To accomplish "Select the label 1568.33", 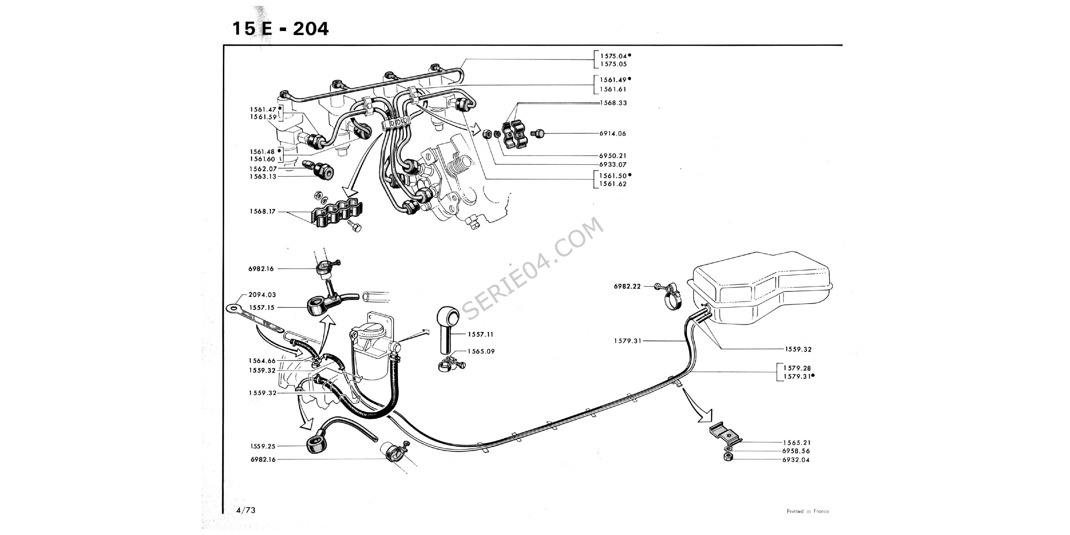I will coord(613,103).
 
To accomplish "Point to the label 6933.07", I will coord(612,165).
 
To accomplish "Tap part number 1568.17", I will coord(262,211).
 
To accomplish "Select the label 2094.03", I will coord(262,295).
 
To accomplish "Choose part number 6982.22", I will coord(627,286).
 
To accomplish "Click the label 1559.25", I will coord(262,446).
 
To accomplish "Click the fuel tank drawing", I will coord(760,286).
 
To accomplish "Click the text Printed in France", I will coord(808,511).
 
